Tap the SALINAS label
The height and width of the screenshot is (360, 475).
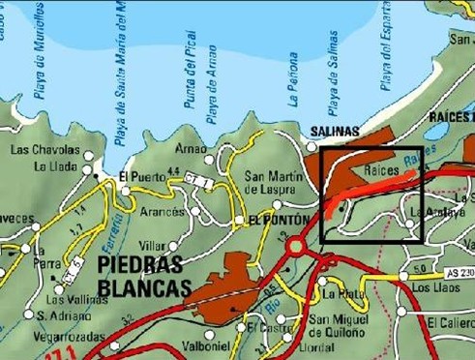pos(334,131)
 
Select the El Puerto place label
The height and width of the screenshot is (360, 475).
pos(136,176)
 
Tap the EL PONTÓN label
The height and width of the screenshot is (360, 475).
pos(279,221)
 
